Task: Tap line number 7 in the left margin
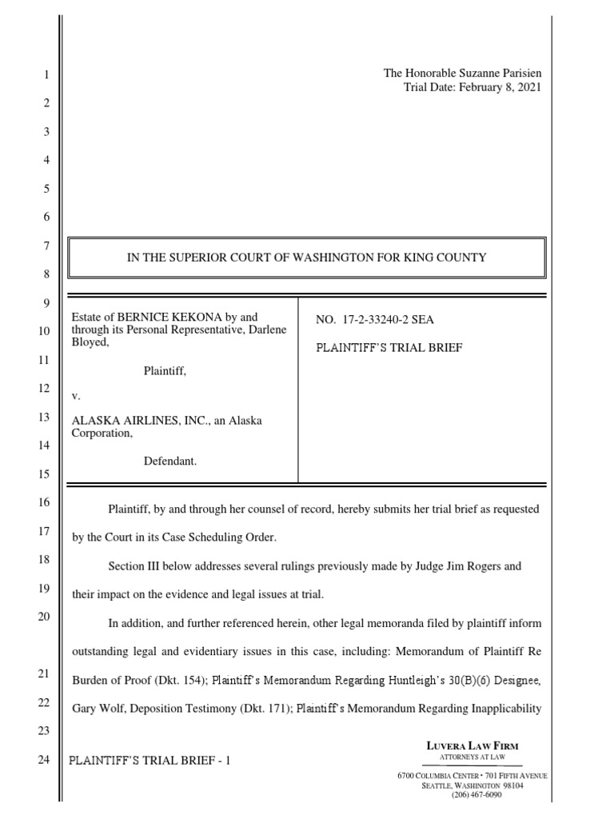[46, 246]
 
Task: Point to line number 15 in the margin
[45, 474]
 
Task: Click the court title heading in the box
[308, 258]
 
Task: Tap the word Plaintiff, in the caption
[165, 370]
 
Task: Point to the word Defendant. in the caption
[169, 461]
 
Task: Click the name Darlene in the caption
[260, 330]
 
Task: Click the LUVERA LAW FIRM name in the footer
[472, 746]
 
